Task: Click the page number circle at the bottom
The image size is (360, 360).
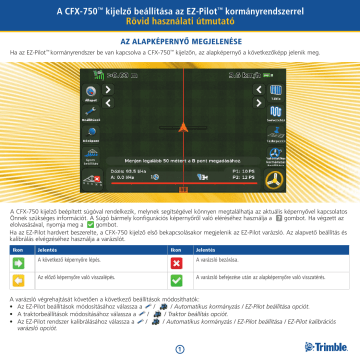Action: click(x=180, y=348)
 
